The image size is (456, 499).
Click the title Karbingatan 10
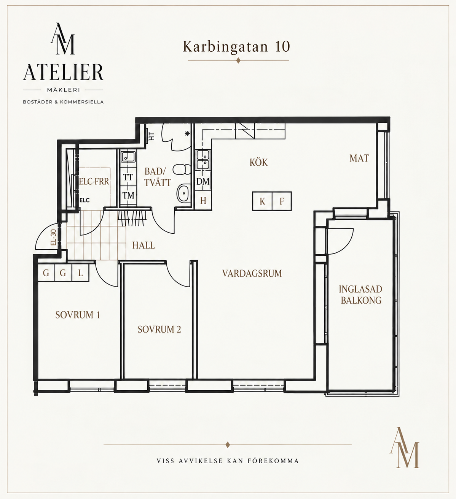point(236,46)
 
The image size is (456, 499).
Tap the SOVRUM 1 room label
point(78,315)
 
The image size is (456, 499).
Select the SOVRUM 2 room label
point(159,329)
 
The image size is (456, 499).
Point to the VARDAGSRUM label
point(252,273)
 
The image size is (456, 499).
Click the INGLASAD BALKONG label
point(360,295)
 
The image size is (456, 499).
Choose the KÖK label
point(259,162)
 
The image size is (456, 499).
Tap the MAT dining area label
point(359,158)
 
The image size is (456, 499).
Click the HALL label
point(143,246)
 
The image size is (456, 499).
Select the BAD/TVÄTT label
point(158,177)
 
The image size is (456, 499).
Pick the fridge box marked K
point(262,201)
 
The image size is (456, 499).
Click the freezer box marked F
point(282,201)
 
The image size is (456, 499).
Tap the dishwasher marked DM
point(203,181)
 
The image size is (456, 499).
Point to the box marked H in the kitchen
point(203,201)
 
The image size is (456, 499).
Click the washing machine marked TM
point(128,195)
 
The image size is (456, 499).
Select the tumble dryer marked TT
point(128,177)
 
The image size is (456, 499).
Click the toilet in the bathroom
point(182,170)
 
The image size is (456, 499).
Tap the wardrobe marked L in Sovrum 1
point(80,273)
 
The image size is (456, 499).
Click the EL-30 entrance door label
point(54,237)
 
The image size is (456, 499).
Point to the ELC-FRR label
point(94,181)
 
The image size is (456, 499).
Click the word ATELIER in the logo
point(63,72)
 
